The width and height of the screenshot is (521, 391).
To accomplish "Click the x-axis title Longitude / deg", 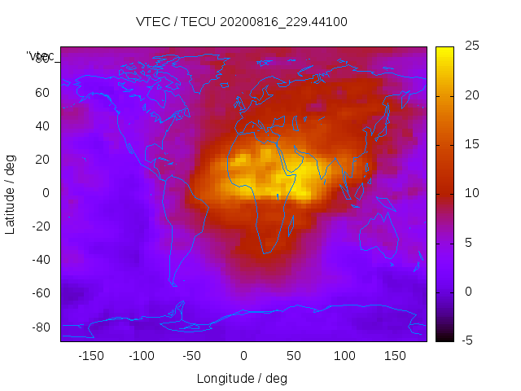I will [x=242, y=379].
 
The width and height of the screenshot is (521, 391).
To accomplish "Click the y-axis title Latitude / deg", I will [x=11, y=193].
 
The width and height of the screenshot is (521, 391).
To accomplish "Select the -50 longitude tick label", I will [x=192, y=356].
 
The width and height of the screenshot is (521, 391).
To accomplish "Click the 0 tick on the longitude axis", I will [x=243, y=356].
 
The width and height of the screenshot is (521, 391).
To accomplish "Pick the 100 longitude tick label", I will [x=345, y=356].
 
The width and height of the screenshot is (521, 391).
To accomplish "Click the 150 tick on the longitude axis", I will [x=396, y=356].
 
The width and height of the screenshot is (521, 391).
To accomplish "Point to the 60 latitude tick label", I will [x=42, y=93].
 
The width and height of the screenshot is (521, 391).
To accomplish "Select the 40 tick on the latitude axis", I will [x=42, y=126].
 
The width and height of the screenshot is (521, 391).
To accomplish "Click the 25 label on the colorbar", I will [x=470, y=47].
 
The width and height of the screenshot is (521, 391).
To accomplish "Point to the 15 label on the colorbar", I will [x=470, y=145].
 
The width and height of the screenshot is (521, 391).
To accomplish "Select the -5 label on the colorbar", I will [x=467, y=340].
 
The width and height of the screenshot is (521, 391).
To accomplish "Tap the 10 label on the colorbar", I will [x=470, y=194].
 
